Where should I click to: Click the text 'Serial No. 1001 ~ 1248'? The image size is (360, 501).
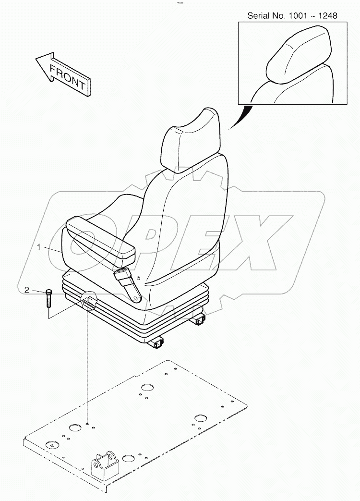tap(292, 15)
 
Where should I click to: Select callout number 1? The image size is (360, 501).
tap(39, 246)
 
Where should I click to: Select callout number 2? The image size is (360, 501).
tap(27, 290)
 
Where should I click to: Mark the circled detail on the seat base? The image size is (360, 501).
tap(88, 301)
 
